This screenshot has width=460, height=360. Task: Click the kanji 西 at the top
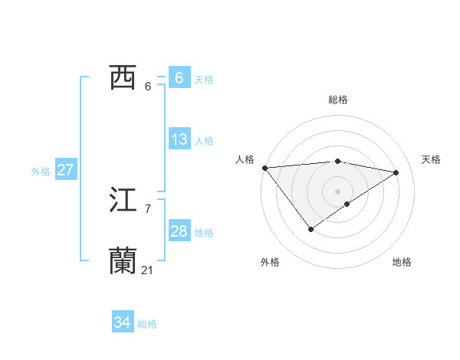(123, 77)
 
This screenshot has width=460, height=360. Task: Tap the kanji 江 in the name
(123, 201)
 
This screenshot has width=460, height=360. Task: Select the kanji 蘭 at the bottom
(123, 261)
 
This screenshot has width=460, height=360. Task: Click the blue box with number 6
(179, 78)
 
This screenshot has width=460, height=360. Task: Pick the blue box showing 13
(179, 139)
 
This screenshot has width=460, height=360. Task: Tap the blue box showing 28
(179, 231)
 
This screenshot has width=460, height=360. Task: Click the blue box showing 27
(66, 170)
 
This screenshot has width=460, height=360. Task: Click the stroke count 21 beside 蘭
(147, 270)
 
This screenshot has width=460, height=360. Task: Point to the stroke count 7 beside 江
(147, 208)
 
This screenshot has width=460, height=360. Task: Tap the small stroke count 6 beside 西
(147, 86)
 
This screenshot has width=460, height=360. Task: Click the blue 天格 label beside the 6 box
(204, 79)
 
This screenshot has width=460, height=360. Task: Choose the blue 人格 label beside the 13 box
(204, 141)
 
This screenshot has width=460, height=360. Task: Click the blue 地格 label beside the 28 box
(204, 233)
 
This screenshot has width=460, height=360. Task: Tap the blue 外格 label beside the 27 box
(41, 172)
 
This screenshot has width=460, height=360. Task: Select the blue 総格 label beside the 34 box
(147, 324)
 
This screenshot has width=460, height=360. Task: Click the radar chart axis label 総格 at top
(337, 100)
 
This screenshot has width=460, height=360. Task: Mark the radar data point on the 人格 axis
(264, 168)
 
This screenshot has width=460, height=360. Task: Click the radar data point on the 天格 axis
(396, 172)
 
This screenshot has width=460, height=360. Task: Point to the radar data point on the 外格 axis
(310, 228)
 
